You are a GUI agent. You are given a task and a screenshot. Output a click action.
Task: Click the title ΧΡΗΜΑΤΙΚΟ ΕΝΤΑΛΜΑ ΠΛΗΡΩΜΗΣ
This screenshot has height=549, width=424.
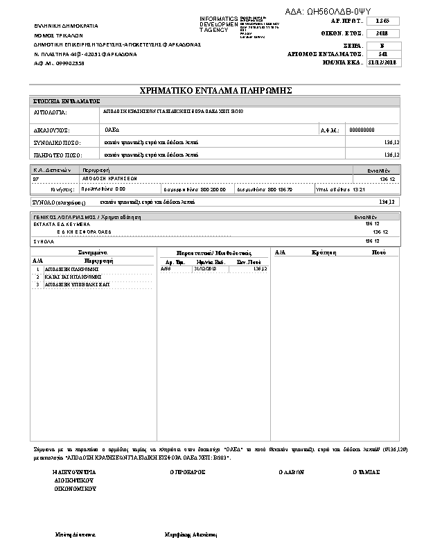pos(215,91)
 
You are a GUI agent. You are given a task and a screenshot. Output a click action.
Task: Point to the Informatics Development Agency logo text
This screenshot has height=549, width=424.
pos(218,24)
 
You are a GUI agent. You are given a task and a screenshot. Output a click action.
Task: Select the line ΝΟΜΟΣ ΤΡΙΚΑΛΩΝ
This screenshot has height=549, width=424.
pos(59,34)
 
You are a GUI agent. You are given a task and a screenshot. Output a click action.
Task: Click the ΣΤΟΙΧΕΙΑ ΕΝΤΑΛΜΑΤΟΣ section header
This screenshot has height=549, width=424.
pos(68,101)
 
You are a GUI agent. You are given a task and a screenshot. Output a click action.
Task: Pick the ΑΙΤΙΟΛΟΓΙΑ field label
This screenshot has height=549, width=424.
pos(51,111)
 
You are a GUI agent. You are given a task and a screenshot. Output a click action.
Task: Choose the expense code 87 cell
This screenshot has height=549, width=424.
pos(36,179)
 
